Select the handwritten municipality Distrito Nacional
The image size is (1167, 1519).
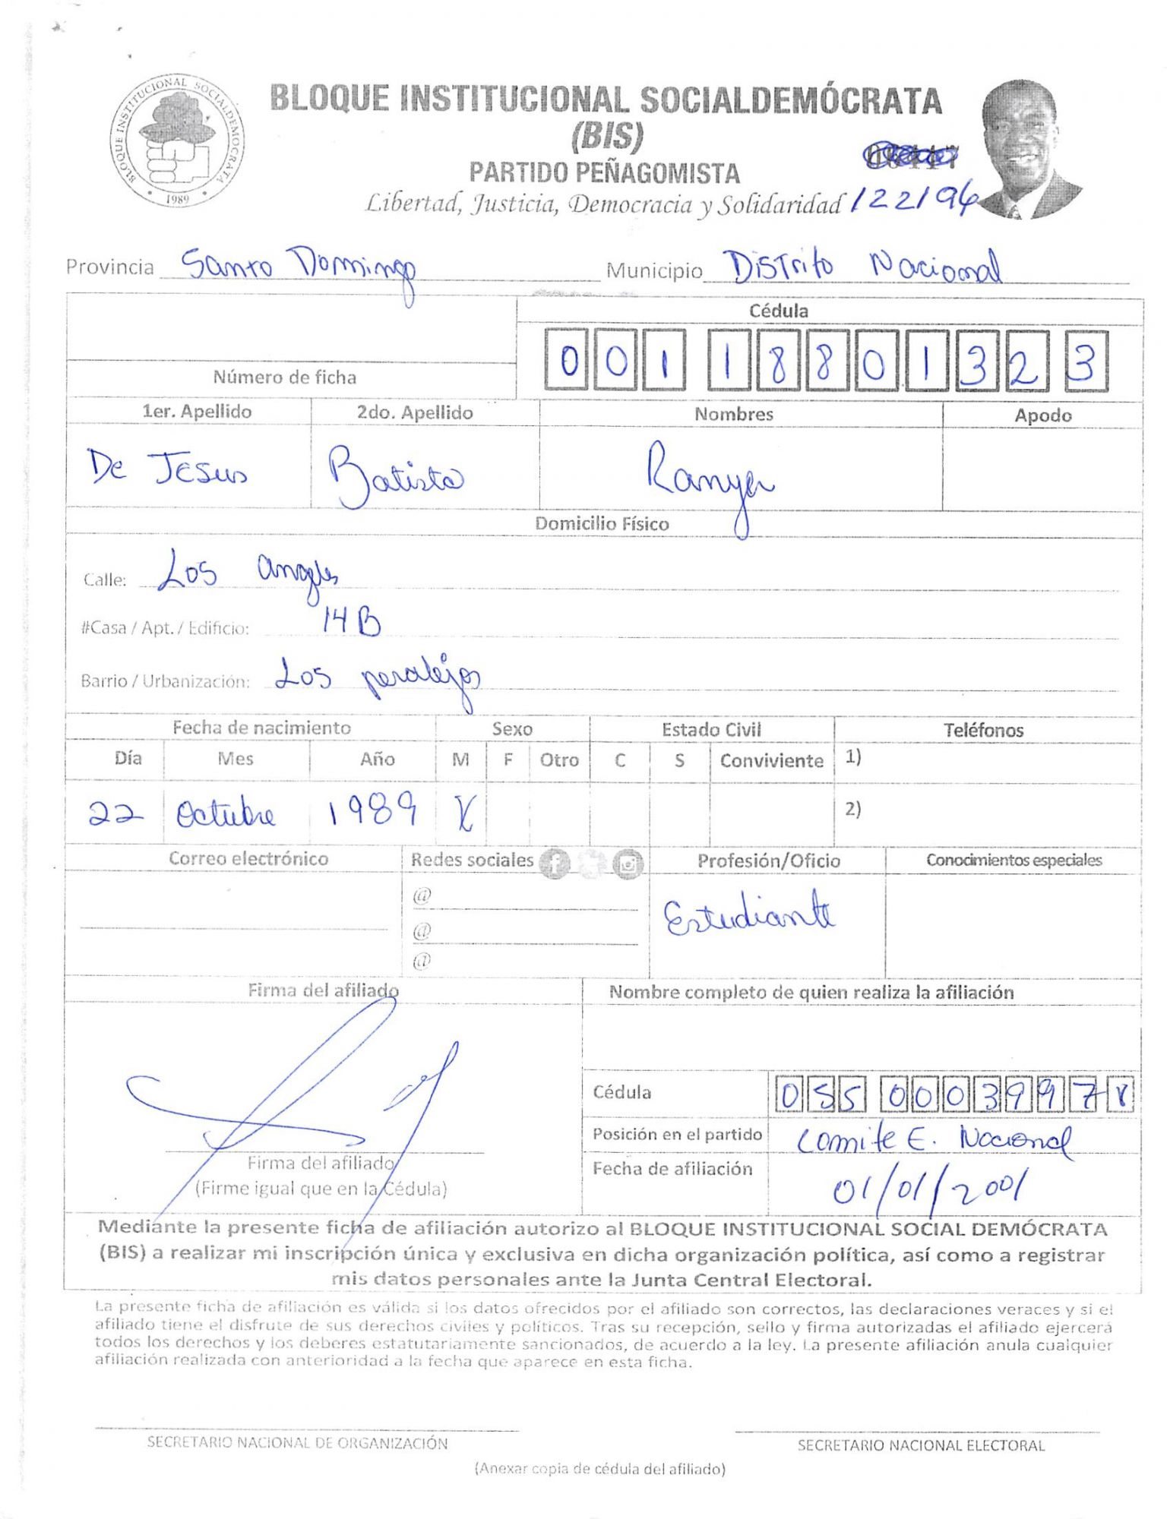point(862,267)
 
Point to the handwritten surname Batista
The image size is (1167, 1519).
point(395,476)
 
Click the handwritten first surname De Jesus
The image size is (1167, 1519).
point(166,469)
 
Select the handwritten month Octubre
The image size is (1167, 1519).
point(226,815)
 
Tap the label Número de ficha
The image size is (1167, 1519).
point(284,377)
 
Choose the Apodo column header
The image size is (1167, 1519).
point(1042,415)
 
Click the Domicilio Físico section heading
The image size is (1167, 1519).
point(602,524)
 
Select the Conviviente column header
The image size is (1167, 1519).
point(771,760)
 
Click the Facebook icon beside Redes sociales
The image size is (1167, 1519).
point(555,863)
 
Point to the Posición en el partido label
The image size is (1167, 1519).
point(677,1134)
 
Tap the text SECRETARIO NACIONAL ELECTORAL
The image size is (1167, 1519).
point(921,1445)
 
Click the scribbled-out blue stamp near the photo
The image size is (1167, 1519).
point(910,156)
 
